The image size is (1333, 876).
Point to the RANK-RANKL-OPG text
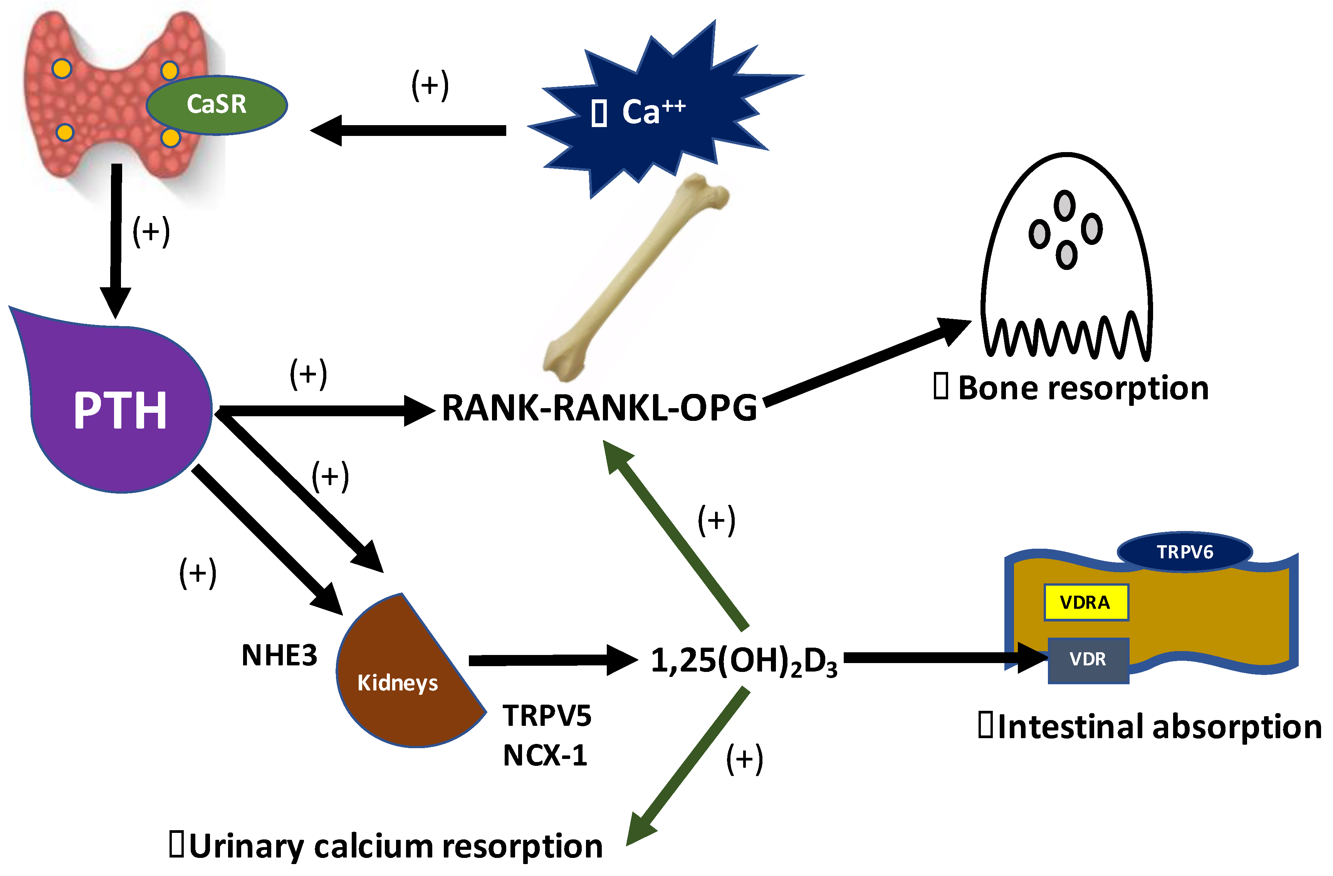[599, 409]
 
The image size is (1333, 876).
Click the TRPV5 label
[547, 716]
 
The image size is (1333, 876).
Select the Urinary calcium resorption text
[395, 846]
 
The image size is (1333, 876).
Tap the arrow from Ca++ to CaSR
[409, 131]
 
